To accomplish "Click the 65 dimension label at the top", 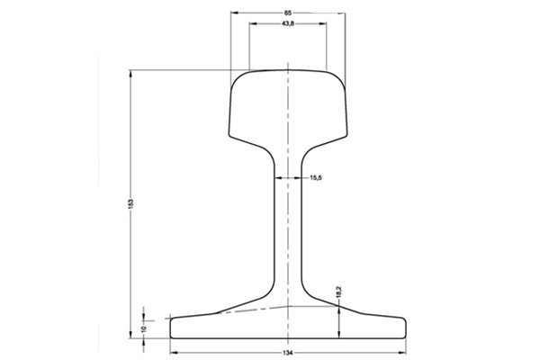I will pos(286,12).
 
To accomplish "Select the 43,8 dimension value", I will pos(288,24).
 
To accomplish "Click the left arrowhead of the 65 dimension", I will pos(233,12).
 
